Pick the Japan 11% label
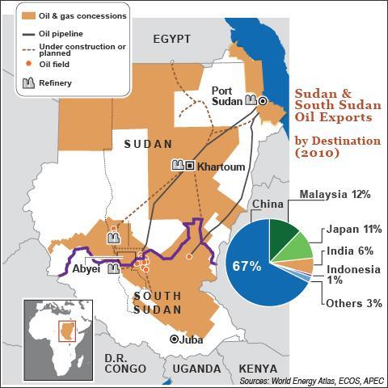point(346,229)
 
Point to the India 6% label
point(348,252)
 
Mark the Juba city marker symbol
point(174,339)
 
